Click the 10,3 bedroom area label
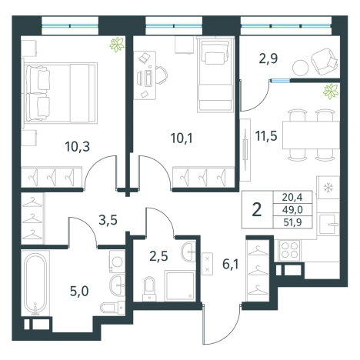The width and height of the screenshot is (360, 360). tap(77, 147)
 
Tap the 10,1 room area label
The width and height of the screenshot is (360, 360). tap(182, 138)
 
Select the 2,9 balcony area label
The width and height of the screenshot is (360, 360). tap(268, 58)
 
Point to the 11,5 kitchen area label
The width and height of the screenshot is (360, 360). tap(266, 135)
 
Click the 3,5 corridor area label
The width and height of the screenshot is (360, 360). tap(108, 220)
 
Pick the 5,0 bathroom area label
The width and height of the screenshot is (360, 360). tap(79, 292)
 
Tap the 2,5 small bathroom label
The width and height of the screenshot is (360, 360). tap(158, 256)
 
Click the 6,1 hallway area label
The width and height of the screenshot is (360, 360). tap(230, 264)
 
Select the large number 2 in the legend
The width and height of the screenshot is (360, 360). tap(257, 209)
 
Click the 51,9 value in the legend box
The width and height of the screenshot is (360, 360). tap(292, 222)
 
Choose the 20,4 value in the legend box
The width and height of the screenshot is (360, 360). tap(292, 197)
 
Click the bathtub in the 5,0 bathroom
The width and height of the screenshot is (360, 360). tap(35, 284)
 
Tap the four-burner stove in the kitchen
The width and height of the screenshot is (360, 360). tap(290, 250)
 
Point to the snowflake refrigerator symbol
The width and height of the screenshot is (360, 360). tap(328, 188)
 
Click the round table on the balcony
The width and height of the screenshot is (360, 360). tap(300, 68)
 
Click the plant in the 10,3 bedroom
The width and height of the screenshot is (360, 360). tap(117, 45)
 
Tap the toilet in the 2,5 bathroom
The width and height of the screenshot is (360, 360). tap(149, 288)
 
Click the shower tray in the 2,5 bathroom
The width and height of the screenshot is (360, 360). tap(179, 285)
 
